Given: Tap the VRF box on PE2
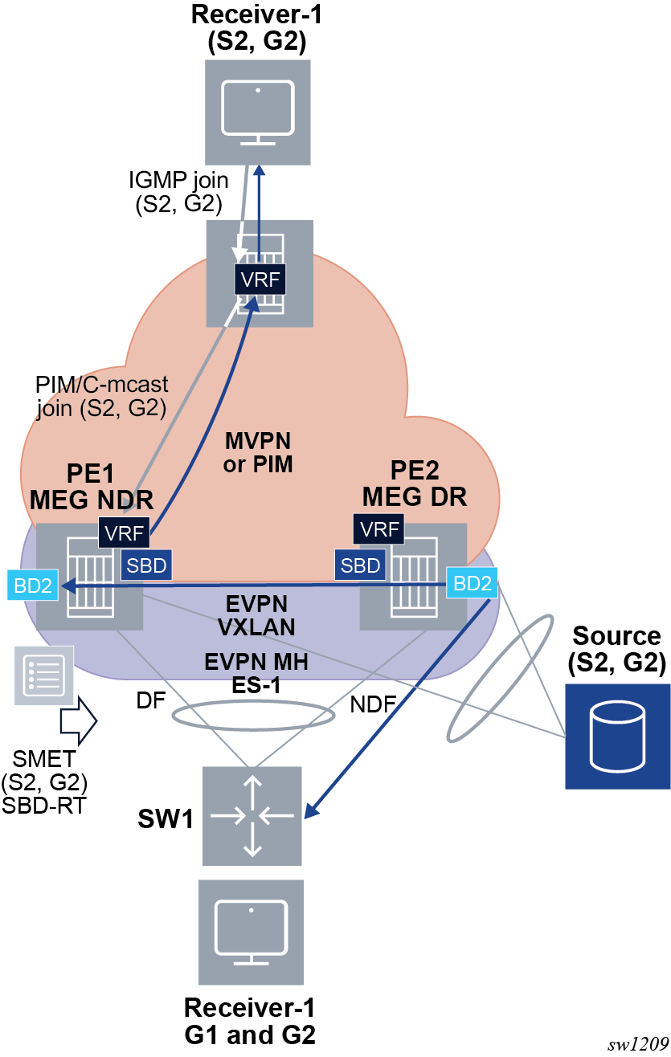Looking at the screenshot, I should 378,529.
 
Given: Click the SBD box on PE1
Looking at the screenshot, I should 146,565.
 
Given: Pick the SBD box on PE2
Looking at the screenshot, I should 360,565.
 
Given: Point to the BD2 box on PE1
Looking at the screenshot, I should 33,585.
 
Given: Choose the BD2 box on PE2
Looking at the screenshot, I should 472,583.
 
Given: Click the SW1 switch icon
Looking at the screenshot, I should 252,815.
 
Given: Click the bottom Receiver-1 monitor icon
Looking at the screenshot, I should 252,932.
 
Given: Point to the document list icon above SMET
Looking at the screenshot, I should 44,675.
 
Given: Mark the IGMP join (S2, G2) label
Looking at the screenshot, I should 178,191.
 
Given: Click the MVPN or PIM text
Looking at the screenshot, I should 257,452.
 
